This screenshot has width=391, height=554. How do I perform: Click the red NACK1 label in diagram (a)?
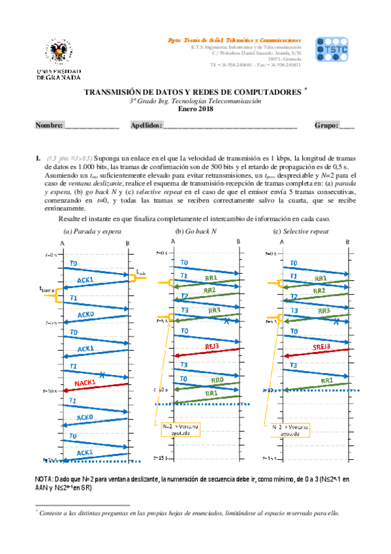coord(86,382)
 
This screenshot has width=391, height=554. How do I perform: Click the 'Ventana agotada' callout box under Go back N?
coord(180,429)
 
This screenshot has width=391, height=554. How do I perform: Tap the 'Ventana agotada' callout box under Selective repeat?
coord(290,429)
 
